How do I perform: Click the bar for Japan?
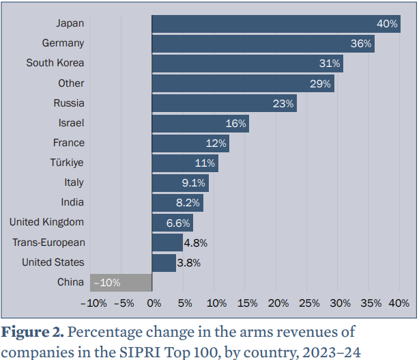tap(273, 24)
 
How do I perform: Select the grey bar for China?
tap(121, 282)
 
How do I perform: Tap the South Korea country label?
tap(55, 63)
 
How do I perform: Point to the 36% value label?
tap(362, 44)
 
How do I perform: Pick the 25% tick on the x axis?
tap(309, 303)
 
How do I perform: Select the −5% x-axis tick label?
tap(124, 303)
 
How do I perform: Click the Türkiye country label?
tap(67, 163)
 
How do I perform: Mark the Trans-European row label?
tap(48, 243)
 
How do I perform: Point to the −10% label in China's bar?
tap(108, 283)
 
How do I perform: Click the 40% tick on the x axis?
tap(399, 303)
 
